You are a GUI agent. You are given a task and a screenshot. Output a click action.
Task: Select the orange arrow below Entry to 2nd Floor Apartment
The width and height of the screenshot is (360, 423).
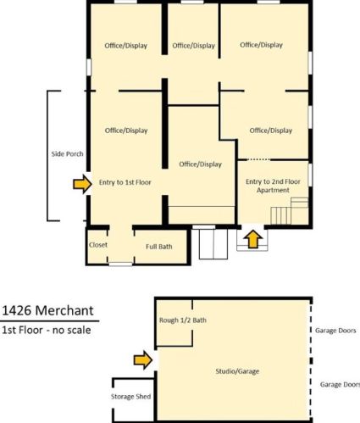click(x=252, y=240)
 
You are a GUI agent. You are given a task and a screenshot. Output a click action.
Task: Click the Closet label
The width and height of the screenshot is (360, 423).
click(x=98, y=246)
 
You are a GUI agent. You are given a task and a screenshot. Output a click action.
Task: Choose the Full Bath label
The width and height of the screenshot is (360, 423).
click(x=158, y=247)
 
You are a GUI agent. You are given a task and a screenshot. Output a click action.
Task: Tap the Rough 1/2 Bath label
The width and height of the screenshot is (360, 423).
click(x=182, y=320)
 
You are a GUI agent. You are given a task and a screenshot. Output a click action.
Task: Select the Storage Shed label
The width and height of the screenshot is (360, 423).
click(x=130, y=396)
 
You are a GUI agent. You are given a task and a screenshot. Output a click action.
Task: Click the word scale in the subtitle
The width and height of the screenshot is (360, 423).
click(x=83, y=330)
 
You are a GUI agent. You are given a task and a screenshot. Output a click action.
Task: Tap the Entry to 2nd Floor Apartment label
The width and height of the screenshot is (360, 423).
click(x=268, y=186)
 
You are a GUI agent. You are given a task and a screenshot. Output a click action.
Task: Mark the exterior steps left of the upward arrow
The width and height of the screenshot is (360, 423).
click(x=209, y=244)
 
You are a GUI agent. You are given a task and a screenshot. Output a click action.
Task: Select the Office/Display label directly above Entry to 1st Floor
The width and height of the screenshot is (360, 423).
click(x=126, y=131)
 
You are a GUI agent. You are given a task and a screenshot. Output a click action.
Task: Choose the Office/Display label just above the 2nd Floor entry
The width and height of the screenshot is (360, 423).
click(x=271, y=131)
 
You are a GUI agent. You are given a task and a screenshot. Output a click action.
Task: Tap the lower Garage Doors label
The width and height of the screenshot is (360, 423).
click(x=339, y=384)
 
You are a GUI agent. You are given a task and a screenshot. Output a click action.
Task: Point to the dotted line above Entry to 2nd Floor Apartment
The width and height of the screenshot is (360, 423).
click(x=258, y=159)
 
